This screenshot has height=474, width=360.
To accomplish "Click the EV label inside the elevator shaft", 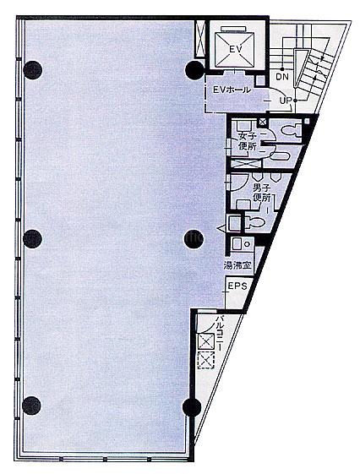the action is click(236, 49).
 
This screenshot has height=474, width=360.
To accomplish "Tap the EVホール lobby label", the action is click(232, 90).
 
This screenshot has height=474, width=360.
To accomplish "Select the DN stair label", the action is click(282, 77).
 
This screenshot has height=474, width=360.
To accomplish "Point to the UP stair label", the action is click(285, 101).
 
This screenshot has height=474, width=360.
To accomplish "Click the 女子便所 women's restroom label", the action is click(248, 141).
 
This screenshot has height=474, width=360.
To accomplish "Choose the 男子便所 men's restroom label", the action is click(261, 193).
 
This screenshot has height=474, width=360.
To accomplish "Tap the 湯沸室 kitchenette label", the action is click(237, 265).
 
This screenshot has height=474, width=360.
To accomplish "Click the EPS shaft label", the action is click(237, 286).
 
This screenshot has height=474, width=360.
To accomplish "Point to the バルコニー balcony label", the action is click(218, 334).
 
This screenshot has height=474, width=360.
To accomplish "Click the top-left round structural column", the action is click(32, 70).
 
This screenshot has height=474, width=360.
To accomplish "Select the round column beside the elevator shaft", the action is click(194, 70).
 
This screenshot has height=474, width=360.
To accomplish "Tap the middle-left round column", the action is click(32, 239).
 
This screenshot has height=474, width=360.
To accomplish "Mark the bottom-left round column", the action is click(31, 406).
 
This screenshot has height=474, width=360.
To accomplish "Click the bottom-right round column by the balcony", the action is click(192, 407).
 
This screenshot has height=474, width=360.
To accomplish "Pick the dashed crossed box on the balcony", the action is click(206, 360).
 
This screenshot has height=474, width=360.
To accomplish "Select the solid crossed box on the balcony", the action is click(205, 342).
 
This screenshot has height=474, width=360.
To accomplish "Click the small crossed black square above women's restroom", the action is click(263, 123).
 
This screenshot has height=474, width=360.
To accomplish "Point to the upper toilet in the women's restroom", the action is click(291, 130).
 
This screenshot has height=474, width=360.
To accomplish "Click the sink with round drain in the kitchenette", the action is click(243, 243).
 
